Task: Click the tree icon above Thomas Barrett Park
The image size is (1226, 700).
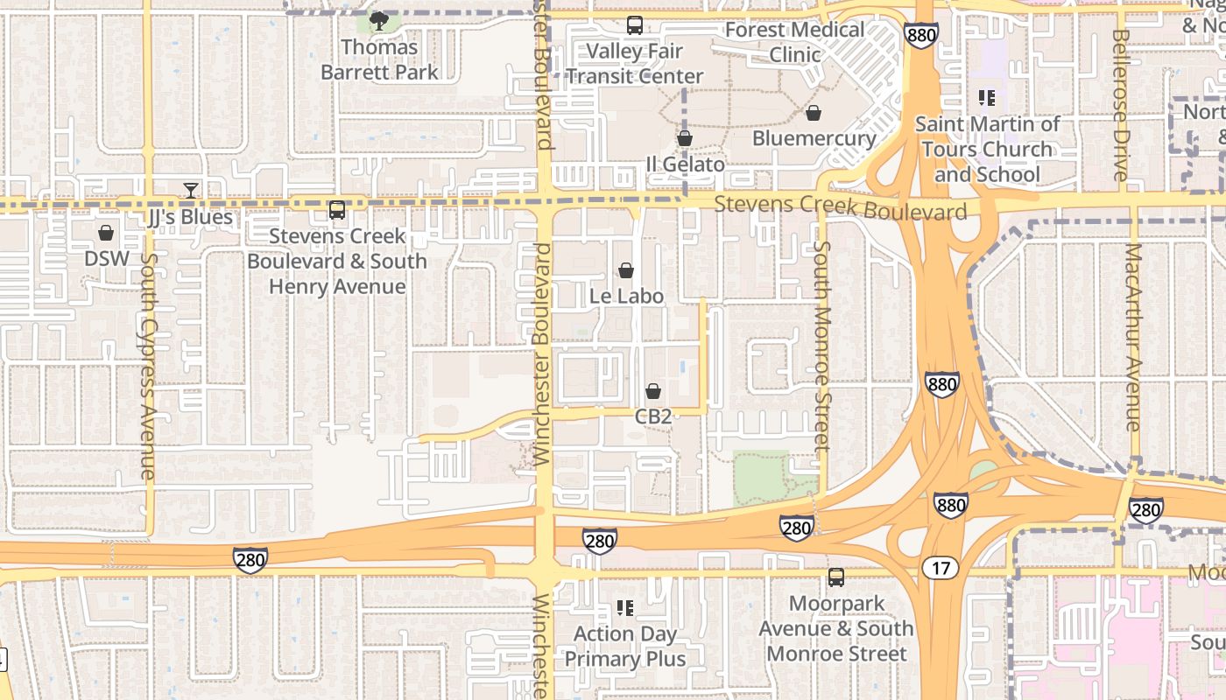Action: coord(379,20)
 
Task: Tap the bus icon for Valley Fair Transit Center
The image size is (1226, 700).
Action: coord(635,25)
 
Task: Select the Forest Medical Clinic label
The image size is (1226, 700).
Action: coord(795,42)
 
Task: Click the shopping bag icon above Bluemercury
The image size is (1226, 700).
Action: coord(814,113)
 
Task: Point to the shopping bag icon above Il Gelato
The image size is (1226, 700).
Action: coord(685,138)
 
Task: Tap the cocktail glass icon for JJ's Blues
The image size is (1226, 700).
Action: coord(190,190)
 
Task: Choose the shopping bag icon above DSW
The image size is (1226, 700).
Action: coord(106,233)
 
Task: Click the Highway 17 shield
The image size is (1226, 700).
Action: coord(941,569)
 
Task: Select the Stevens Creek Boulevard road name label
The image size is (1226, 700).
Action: coord(841,208)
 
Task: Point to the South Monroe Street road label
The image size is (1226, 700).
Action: coord(821,346)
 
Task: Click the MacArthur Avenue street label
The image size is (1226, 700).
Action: coord(1134,337)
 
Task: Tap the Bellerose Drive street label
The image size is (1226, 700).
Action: coord(1121,105)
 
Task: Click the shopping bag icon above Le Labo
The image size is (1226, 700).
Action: coord(626,271)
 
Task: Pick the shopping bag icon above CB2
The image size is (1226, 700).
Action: coord(653,391)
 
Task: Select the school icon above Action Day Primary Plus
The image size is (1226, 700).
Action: coord(625,607)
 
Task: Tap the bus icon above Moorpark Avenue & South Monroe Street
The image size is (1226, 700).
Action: coord(836,577)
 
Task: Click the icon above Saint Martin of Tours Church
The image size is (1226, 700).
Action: coord(987,98)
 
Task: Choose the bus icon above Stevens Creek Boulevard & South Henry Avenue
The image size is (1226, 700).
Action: coord(337,210)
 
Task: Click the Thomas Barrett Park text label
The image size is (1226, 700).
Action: coord(379,59)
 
